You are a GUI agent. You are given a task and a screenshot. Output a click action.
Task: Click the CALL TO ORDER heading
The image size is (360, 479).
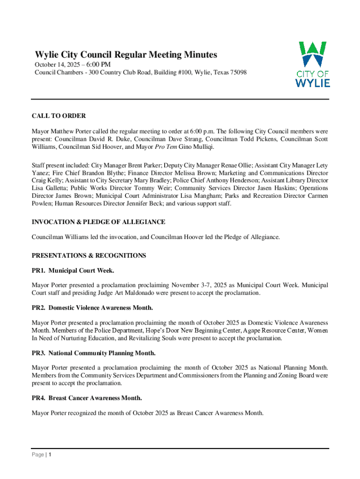click(x=58, y=116)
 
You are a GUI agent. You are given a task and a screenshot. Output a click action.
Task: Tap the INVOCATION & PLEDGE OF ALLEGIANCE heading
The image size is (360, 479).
click(x=98, y=222)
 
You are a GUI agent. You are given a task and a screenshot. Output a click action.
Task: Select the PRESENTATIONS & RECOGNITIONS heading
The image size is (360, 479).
click(x=88, y=255)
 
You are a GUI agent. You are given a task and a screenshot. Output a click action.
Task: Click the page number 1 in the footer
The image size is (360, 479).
click(x=50, y=455)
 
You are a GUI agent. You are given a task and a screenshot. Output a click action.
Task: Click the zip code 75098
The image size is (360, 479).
click(x=237, y=73)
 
